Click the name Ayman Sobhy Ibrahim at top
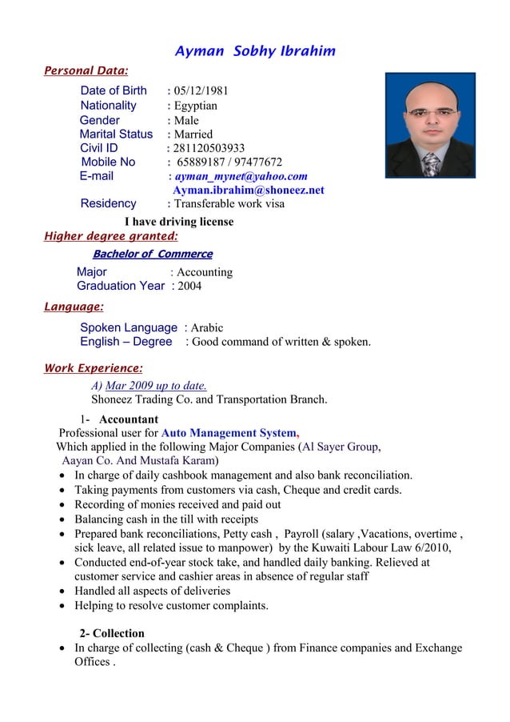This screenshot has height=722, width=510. click(255, 52)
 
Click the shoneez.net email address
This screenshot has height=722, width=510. click(248, 191)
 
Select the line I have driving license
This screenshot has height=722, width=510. click(179, 222)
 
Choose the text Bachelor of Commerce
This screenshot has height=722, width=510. click(153, 255)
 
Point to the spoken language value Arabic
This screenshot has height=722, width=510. click(206, 327)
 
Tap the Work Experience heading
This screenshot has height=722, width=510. click(94, 368)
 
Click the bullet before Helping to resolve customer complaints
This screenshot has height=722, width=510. click(63, 606)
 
